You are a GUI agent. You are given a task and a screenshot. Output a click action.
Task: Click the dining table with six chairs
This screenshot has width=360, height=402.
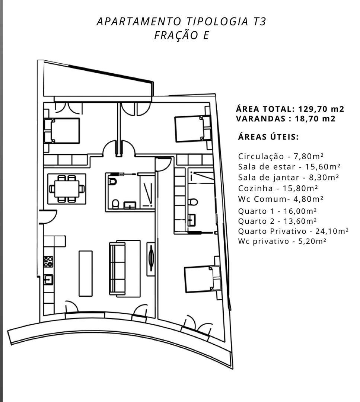[67, 189]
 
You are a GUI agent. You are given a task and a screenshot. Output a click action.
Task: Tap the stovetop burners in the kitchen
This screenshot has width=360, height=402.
[48, 262]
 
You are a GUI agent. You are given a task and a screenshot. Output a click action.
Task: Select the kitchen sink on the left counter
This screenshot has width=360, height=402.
[48, 280]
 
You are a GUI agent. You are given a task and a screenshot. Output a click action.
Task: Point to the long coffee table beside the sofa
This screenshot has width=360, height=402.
[86, 274]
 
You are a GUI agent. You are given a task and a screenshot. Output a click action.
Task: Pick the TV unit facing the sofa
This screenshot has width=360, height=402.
[151, 259]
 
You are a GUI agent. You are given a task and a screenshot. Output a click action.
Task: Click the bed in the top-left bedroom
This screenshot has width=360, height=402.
[62, 131]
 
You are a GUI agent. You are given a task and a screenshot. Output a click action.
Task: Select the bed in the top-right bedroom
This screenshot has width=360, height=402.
[193, 129]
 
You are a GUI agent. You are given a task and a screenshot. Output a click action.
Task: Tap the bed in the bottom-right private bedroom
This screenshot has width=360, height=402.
[202, 279]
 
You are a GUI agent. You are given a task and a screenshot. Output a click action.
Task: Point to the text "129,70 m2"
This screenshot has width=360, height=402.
[321, 109]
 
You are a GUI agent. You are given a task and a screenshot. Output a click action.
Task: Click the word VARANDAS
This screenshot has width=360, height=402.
[261, 119]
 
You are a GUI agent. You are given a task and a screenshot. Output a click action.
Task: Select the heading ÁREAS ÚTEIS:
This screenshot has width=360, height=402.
[268, 137]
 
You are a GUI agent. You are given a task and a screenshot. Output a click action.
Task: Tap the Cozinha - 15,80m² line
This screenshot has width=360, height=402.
[278, 188]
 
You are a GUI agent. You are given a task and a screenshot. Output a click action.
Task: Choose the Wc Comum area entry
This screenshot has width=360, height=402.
[281, 199]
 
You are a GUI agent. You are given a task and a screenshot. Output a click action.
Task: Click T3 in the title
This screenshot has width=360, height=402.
[260, 22]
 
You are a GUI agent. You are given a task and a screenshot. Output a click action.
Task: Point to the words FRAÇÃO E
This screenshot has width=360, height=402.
[182, 35]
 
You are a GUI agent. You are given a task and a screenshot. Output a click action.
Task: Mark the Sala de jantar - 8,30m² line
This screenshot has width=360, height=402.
[289, 178]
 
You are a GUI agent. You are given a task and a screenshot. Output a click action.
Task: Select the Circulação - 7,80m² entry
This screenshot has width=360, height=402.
[281, 156]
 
